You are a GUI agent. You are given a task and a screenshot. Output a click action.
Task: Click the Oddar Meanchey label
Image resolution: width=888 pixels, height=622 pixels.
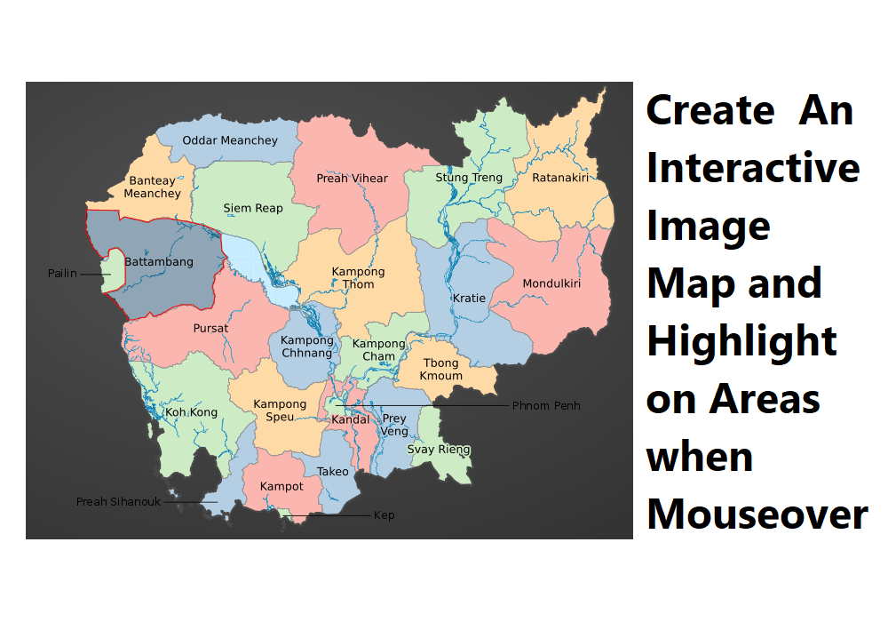[x=230, y=140]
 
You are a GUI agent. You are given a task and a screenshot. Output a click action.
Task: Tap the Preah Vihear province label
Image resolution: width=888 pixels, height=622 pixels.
[x=352, y=179]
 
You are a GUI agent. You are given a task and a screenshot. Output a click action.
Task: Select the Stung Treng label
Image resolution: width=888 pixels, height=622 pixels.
[x=469, y=178]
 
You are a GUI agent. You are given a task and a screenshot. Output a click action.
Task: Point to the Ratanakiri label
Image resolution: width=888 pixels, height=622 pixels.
[x=560, y=178]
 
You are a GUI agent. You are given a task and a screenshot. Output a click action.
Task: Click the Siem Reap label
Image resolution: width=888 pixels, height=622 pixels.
[x=253, y=208]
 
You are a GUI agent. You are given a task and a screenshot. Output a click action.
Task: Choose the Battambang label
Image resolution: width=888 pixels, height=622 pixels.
[x=159, y=262]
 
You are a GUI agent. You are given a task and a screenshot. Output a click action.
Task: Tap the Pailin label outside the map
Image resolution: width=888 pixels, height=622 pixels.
[x=62, y=274]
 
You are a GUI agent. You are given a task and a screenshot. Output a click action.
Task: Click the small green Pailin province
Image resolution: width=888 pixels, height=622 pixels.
[x=112, y=270]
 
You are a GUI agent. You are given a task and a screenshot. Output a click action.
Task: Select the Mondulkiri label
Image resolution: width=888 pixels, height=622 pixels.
[x=551, y=284]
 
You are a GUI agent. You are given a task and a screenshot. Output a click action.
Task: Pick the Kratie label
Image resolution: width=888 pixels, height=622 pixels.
[x=469, y=299]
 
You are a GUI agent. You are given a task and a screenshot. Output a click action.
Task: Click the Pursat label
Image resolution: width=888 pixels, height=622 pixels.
[x=210, y=328]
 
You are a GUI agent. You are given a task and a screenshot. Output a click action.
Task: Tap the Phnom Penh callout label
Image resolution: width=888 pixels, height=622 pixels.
[x=546, y=406]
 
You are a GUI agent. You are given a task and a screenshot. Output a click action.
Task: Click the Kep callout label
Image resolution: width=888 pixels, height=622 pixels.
[x=384, y=515]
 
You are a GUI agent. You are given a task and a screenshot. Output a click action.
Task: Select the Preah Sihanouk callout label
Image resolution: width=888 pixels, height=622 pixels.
[x=118, y=502]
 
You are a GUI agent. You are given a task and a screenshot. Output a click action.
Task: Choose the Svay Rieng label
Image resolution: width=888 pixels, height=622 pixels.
[x=439, y=450]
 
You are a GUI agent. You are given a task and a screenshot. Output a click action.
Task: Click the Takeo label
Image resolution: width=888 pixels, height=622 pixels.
[x=333, y=472]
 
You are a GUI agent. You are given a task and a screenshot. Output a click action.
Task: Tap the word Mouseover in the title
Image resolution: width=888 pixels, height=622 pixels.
[x=757, y=514]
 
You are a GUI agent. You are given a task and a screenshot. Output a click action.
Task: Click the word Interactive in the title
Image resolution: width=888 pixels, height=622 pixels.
[x=753, y=168]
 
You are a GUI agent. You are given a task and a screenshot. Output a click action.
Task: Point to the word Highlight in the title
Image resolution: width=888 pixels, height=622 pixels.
[x=741, y=341]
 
